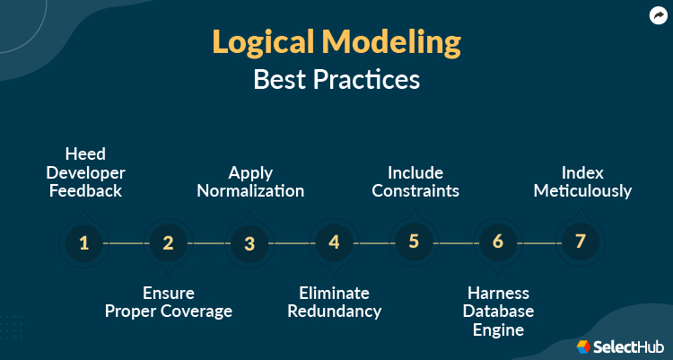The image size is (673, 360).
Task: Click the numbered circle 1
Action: (x=84, y=242)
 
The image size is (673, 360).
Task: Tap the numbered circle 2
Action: (x=167, y=242)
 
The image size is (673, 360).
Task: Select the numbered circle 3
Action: (x=249, y=242)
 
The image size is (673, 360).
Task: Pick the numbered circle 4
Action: (x=333, y=242)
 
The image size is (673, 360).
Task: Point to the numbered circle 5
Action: (x=414, y=242)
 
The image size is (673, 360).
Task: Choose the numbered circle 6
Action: (x=498, y=242)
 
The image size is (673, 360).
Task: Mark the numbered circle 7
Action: (x=580, y=242)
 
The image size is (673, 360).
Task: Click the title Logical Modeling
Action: (x=336, y=41)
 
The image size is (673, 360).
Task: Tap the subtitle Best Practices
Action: (x=336, y=79)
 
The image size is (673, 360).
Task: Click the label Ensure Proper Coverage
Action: (x=168, y=303)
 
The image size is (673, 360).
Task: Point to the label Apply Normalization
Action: (x=250, y=181)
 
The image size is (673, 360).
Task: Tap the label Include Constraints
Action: (x=415, y=181)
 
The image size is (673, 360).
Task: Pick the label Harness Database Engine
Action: (x=498, y=312)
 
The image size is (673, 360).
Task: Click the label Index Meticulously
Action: (x=581, y=181)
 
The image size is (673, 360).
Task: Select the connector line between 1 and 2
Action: (x=126, y=242)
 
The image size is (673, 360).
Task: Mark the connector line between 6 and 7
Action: (x=538, y=242)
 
